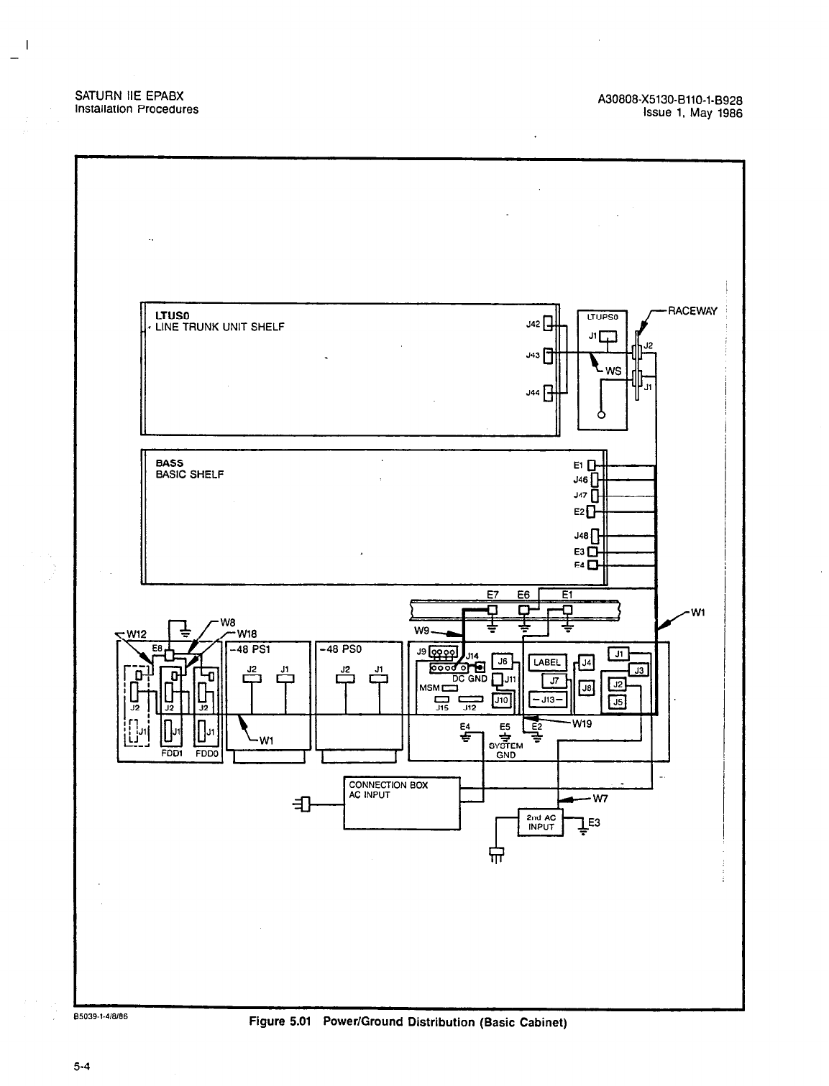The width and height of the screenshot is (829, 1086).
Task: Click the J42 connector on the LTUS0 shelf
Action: click(549, 324)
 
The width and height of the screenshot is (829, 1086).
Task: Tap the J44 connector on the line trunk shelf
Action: click(549, 393)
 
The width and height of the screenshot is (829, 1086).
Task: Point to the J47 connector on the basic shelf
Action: click(594, 496)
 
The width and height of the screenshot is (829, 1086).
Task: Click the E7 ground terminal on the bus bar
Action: click(493, 611)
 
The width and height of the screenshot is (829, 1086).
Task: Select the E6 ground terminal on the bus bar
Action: click(524, 611)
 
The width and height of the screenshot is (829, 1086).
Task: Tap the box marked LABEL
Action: click(548, 662)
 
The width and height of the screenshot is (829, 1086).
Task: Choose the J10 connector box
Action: click(500, 700)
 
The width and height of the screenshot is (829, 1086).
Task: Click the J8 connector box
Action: click(587, 687)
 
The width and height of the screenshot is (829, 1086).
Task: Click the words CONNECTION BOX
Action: click(388, 785)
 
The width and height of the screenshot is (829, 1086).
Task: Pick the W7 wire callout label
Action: click(601, 797)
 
